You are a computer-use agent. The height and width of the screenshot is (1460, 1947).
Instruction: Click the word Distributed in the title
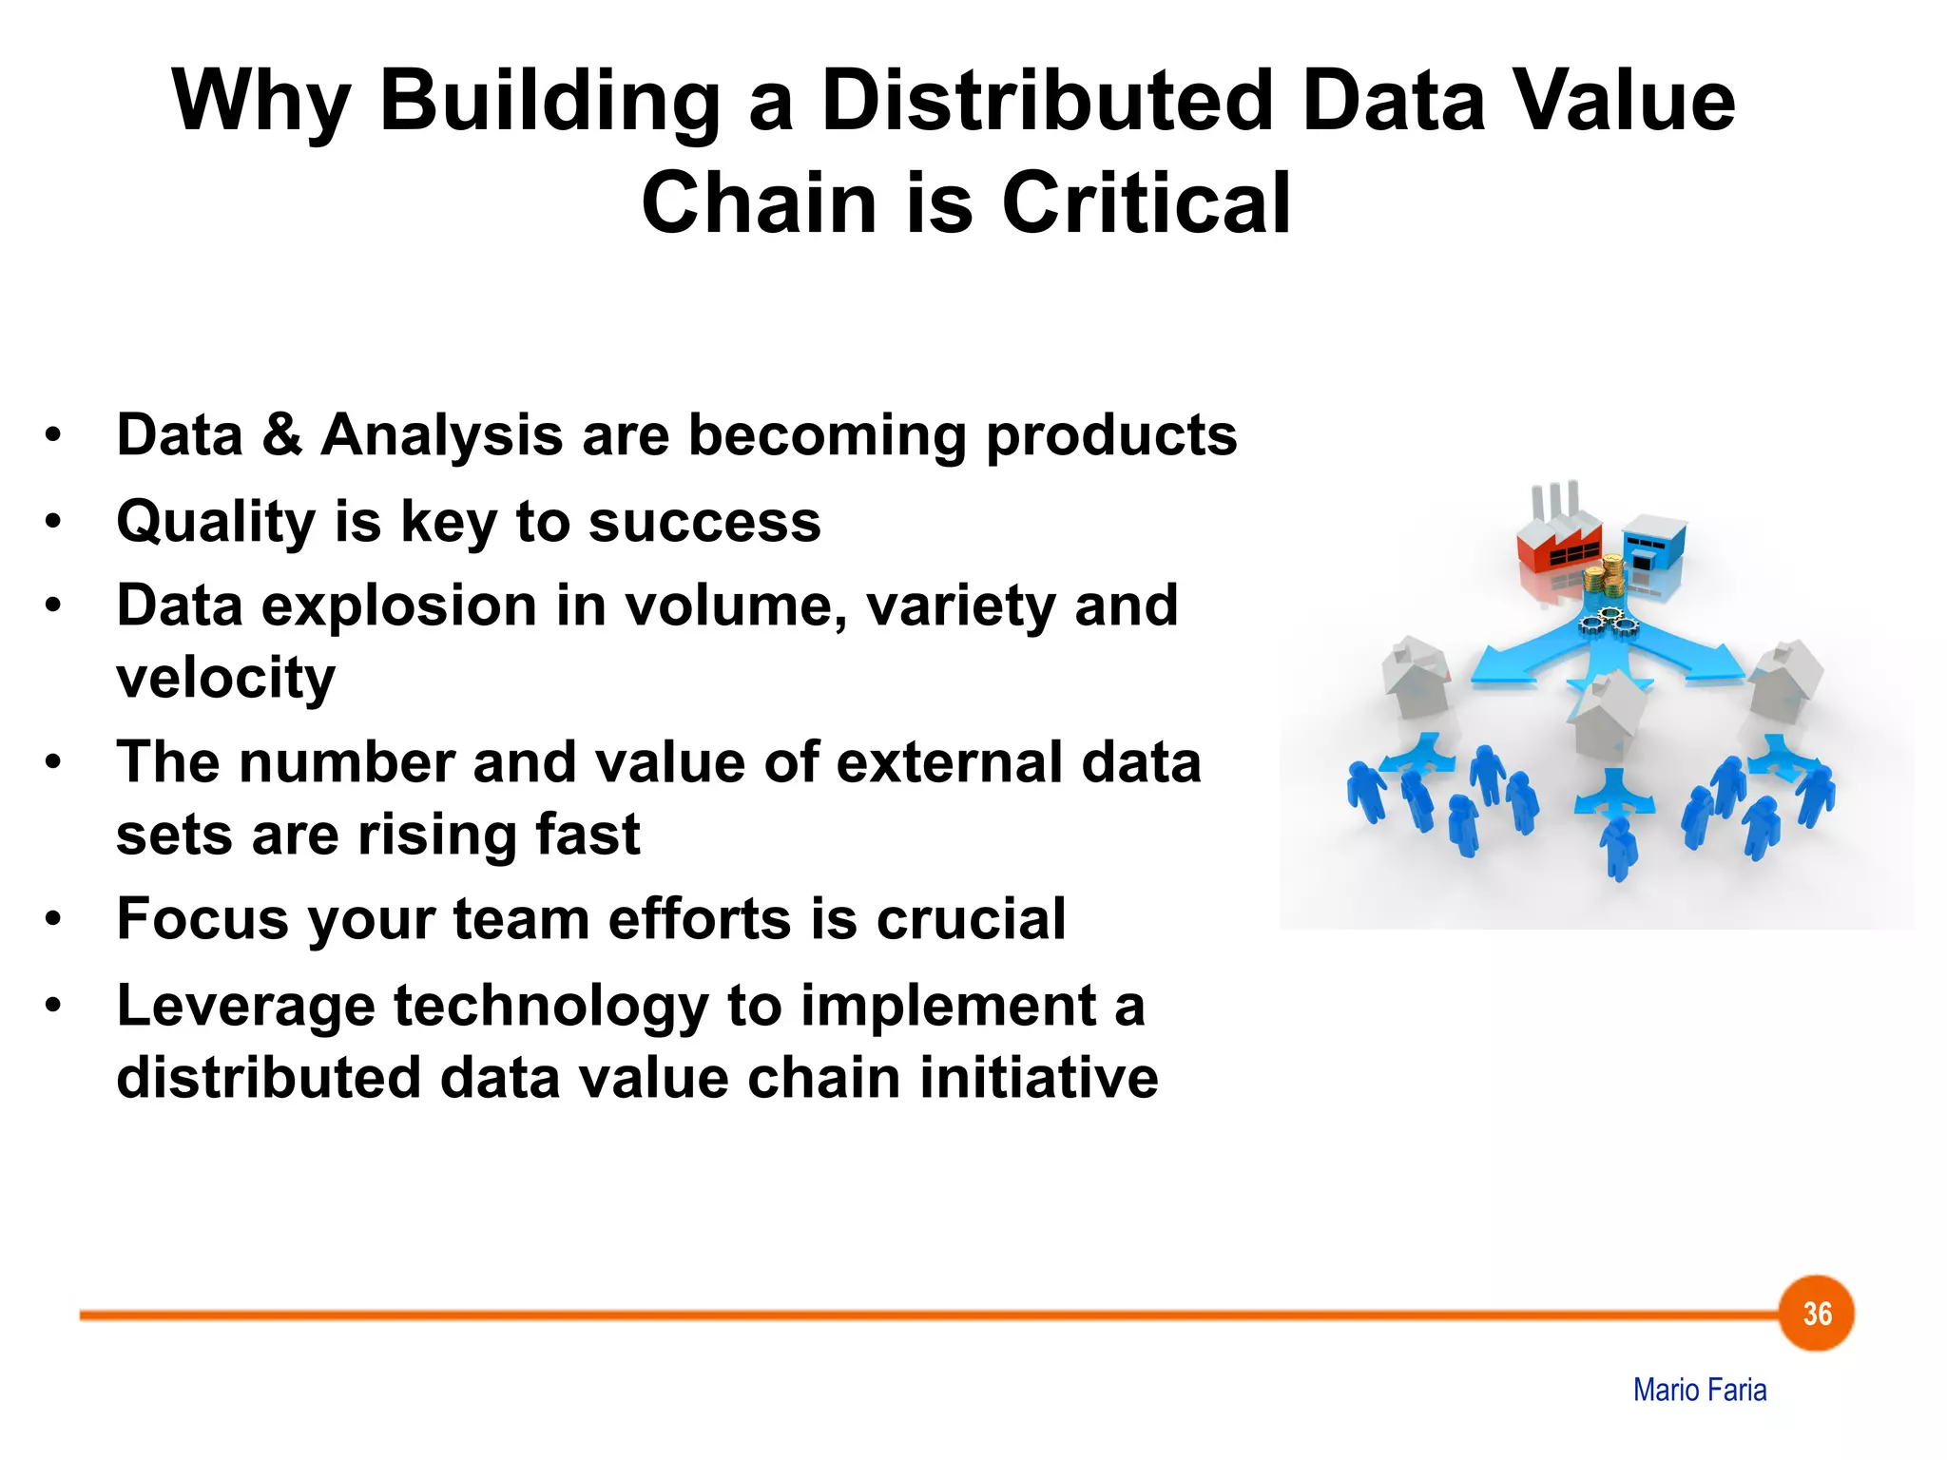pos(1047,101)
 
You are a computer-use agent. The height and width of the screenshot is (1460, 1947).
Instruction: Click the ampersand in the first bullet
pos(281,434)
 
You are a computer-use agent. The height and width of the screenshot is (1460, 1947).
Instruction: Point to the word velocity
pos(225,678)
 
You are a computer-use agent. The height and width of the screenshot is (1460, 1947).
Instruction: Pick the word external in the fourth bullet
pos(951,762)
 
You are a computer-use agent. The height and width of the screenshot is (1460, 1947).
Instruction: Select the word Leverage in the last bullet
pos(245,1007)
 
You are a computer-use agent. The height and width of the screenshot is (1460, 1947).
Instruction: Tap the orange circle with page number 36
pos(1816,1314)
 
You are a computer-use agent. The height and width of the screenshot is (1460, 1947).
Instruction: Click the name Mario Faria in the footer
pos(1700,1390)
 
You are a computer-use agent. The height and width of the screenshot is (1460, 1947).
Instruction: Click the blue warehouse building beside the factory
pos(1654,543)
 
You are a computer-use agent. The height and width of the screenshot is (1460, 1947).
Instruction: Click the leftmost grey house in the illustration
pos(1416,677)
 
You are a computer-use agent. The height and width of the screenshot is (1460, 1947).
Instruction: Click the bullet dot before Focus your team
pos(53,919)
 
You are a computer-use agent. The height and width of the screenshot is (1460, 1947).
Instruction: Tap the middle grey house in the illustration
pos(1609,713)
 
